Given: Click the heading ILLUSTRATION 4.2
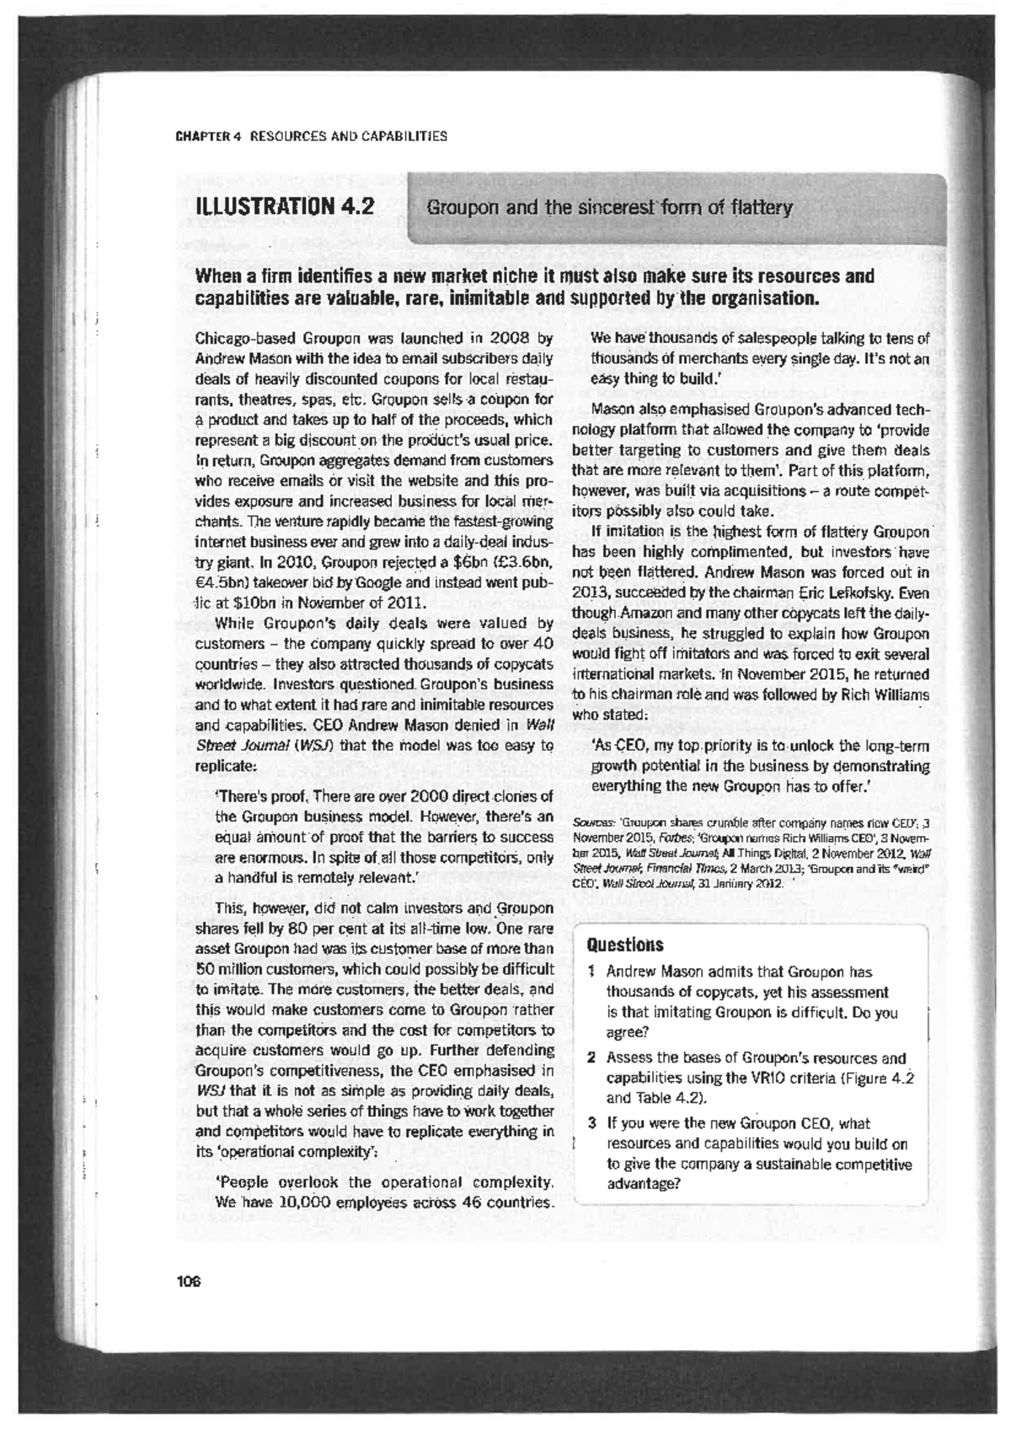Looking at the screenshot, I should tap(285, 207).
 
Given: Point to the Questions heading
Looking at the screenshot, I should tap(625, 945).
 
